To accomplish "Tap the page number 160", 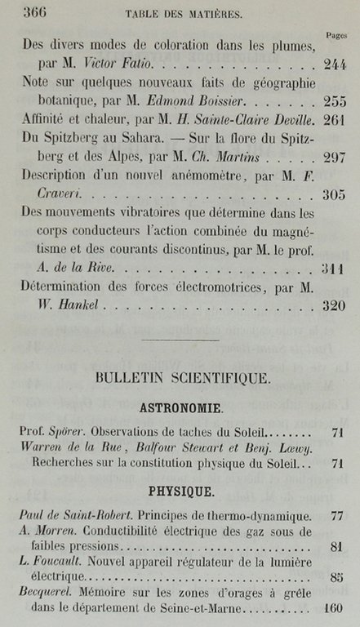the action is click(x=334, y=609).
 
